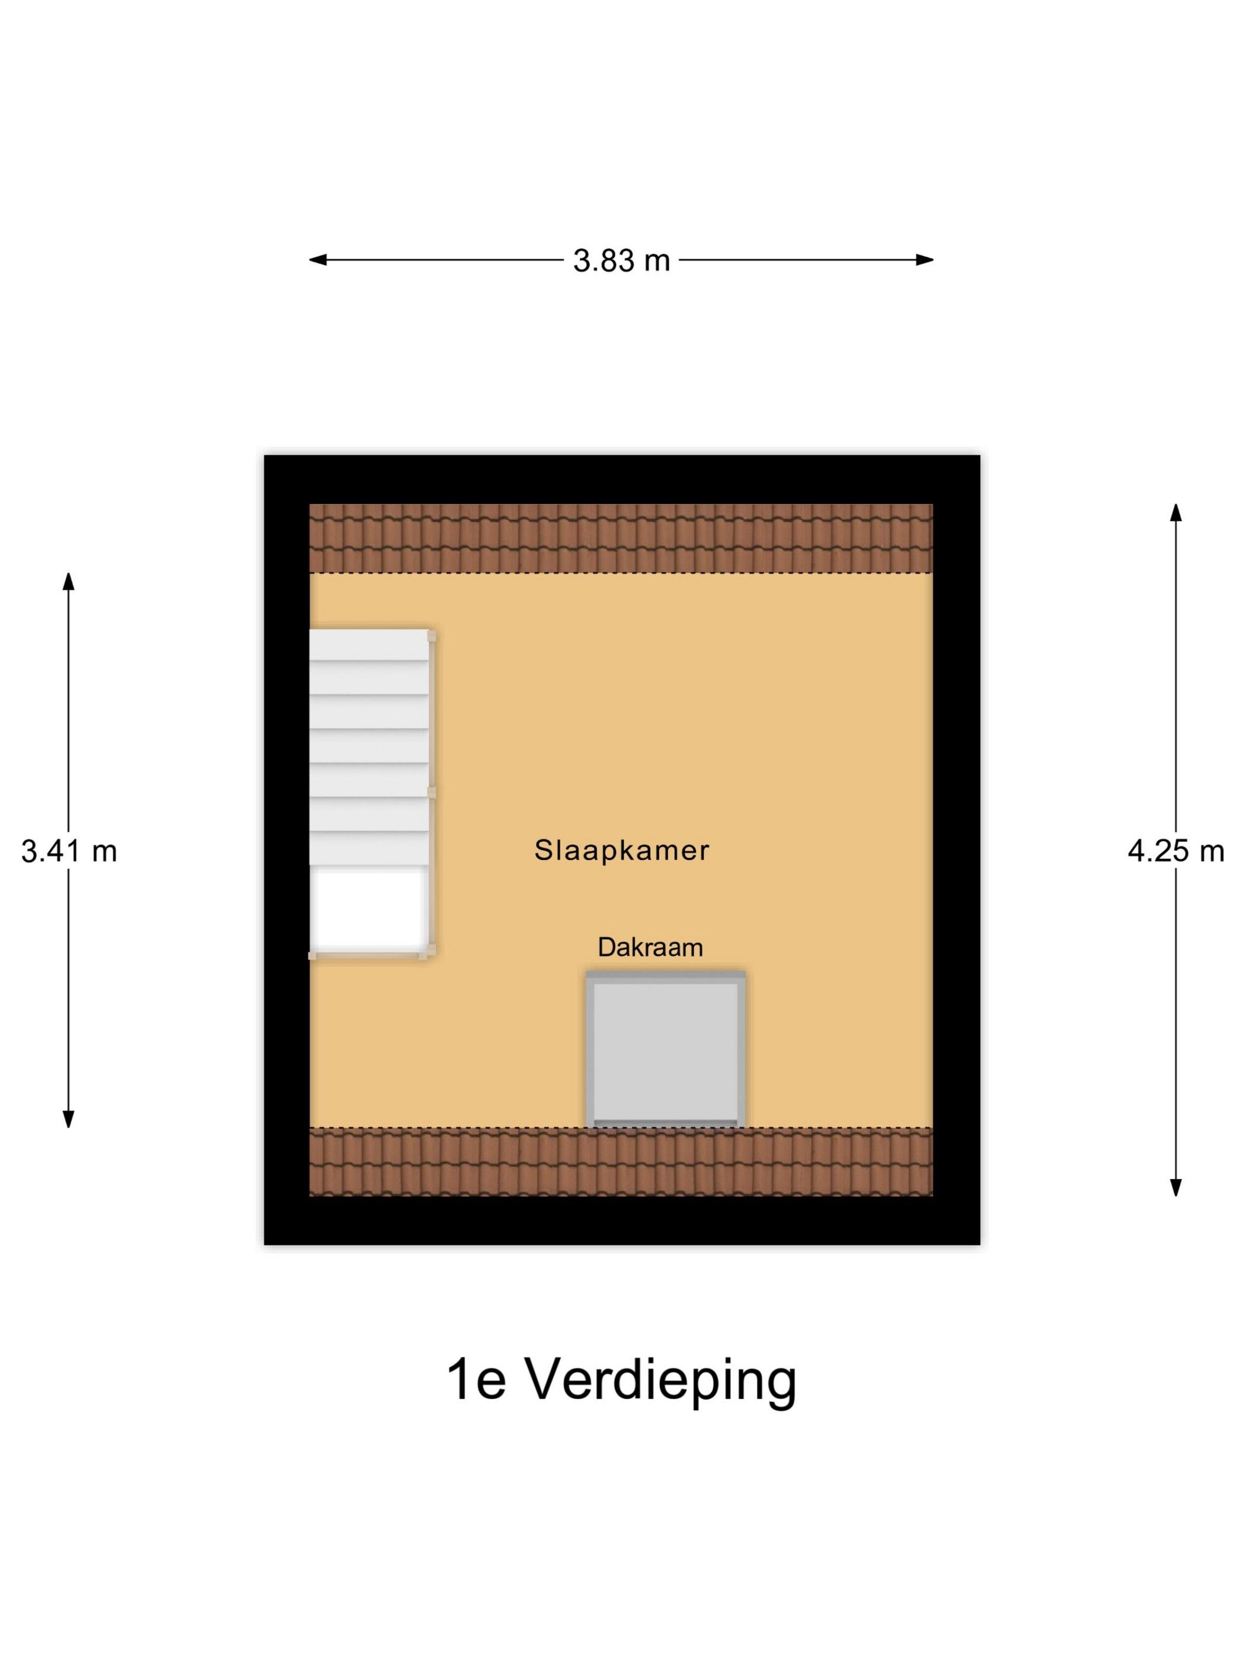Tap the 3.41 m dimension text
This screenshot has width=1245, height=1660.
(x=68, y=851)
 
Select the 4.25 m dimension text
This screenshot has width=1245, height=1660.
(x=1175, y=850)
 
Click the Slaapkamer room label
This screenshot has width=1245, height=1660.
(x=621, y=850)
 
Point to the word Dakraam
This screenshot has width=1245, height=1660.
(x=650, y=947)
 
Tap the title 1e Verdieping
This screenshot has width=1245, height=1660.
(x=621, y=1380)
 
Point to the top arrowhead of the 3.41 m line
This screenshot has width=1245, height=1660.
(x=68, y=582)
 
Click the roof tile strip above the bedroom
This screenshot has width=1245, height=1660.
(x=621, y=538)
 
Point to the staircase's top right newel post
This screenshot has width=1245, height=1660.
(x=432, y=636)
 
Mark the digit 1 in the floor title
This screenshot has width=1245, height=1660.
(x=457, y=1380)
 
